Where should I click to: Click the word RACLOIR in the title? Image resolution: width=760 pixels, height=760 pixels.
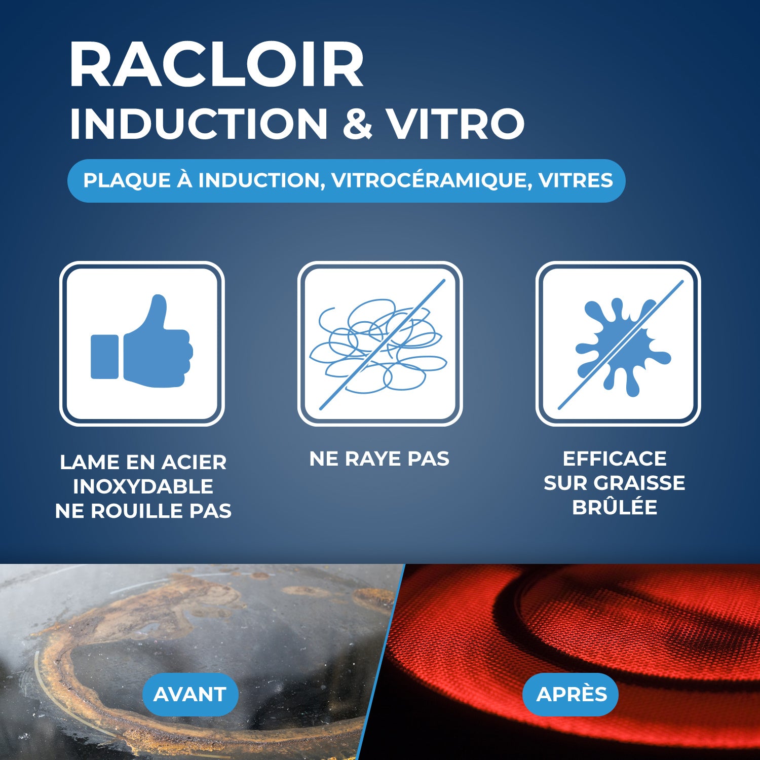point(216,66)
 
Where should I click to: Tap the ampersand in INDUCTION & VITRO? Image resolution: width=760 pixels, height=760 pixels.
point(357,124)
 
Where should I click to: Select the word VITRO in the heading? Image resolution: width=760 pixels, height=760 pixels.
point(455,124)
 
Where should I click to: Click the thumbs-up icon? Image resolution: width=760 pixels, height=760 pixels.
point(142,344)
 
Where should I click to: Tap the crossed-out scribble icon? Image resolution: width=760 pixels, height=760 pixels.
point(379,344)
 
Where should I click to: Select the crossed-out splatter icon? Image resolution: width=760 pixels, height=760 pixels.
point(618,344)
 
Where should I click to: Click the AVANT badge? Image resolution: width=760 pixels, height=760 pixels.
point(190,694)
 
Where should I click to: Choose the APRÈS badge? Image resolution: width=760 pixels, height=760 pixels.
point(571,694)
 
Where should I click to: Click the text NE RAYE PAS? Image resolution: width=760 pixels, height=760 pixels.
point(379,459)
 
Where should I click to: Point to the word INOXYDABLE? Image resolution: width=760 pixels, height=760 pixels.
point(143,486)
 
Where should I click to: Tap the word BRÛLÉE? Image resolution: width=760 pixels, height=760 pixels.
point(615,507)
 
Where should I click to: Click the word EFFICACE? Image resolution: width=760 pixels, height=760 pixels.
point(615,459)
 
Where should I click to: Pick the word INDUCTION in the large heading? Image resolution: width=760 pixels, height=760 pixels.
point(199,124)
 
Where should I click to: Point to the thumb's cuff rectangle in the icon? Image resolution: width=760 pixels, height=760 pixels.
point(104,357)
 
